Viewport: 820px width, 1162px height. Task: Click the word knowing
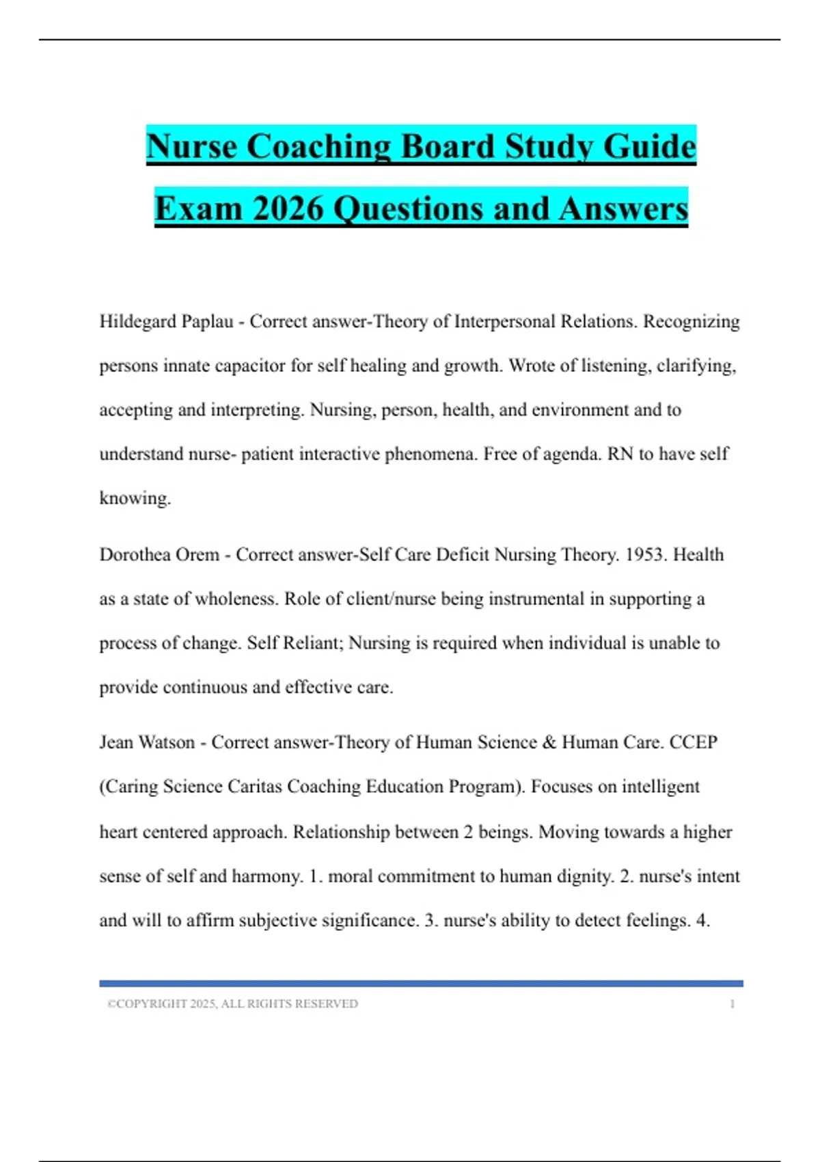(134, 498)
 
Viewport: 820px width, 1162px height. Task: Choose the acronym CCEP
(694, 742)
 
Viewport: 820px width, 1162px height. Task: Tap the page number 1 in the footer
(733, 1004)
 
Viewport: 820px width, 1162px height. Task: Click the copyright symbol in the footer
(111, 1004)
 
